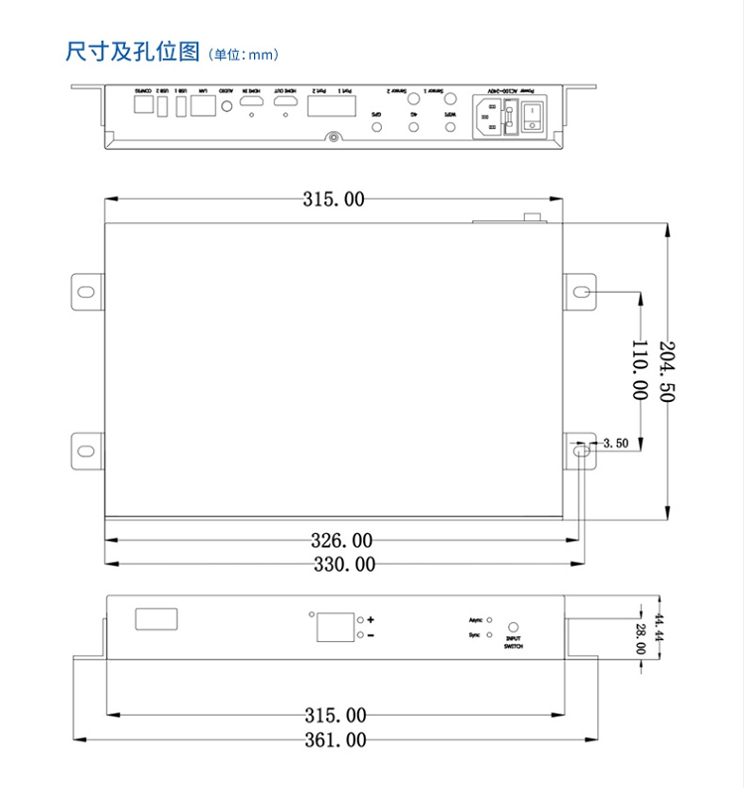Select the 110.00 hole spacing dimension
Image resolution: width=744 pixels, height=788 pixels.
(640, 369)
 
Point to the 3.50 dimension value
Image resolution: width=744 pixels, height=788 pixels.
(615, 444)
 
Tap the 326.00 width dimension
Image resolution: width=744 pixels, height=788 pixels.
(341, 541)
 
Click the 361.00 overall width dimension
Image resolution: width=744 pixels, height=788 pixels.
(335, 739)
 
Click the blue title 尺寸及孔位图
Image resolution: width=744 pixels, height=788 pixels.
(133, 52)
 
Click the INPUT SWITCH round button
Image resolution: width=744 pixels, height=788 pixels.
(514, 627)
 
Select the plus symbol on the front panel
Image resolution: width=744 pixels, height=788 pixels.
(371, 618)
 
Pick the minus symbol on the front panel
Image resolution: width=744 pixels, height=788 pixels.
(371, 635)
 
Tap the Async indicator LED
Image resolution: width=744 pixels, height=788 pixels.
(490, 619)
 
